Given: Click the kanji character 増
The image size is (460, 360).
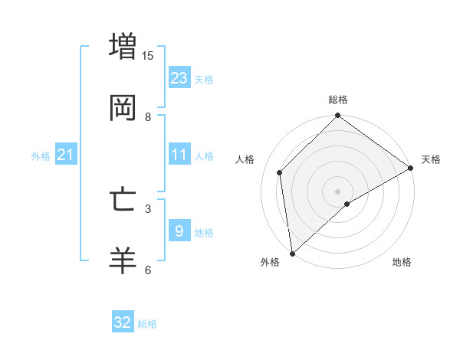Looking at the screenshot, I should (x=123, y=47).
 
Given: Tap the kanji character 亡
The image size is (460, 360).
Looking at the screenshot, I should (x=123, y=200).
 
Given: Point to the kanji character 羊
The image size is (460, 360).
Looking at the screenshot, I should (x=123, y=261).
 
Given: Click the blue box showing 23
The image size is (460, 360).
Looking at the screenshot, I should (x=179, y=77).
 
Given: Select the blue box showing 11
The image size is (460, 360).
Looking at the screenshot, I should (x=179, y=154).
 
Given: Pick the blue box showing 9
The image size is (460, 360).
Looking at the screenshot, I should (x=179, y=231).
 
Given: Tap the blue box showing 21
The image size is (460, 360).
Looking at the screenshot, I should (x=66, y=155).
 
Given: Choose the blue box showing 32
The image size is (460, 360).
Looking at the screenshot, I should (x=123, y=322).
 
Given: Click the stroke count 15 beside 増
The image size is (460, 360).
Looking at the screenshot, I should (x=148, y=55).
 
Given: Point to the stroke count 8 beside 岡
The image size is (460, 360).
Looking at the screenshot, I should (x=148, y=116).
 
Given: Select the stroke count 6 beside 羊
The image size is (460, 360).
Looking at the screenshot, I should (x=148, y=270).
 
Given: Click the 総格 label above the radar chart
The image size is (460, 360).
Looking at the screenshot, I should (x=338, y=100).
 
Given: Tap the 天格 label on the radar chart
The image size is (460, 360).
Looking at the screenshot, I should (x=431, y=159).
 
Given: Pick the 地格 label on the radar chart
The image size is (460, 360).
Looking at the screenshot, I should (x=402, y=263).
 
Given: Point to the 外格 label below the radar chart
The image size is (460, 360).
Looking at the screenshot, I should (x=270, y=263).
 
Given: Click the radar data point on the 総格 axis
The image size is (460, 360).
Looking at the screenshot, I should (x=338, y=117).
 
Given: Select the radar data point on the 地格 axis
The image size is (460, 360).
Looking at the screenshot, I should (x=347, y=204).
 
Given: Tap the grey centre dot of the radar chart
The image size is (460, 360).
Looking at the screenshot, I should (x=338, y=191).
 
